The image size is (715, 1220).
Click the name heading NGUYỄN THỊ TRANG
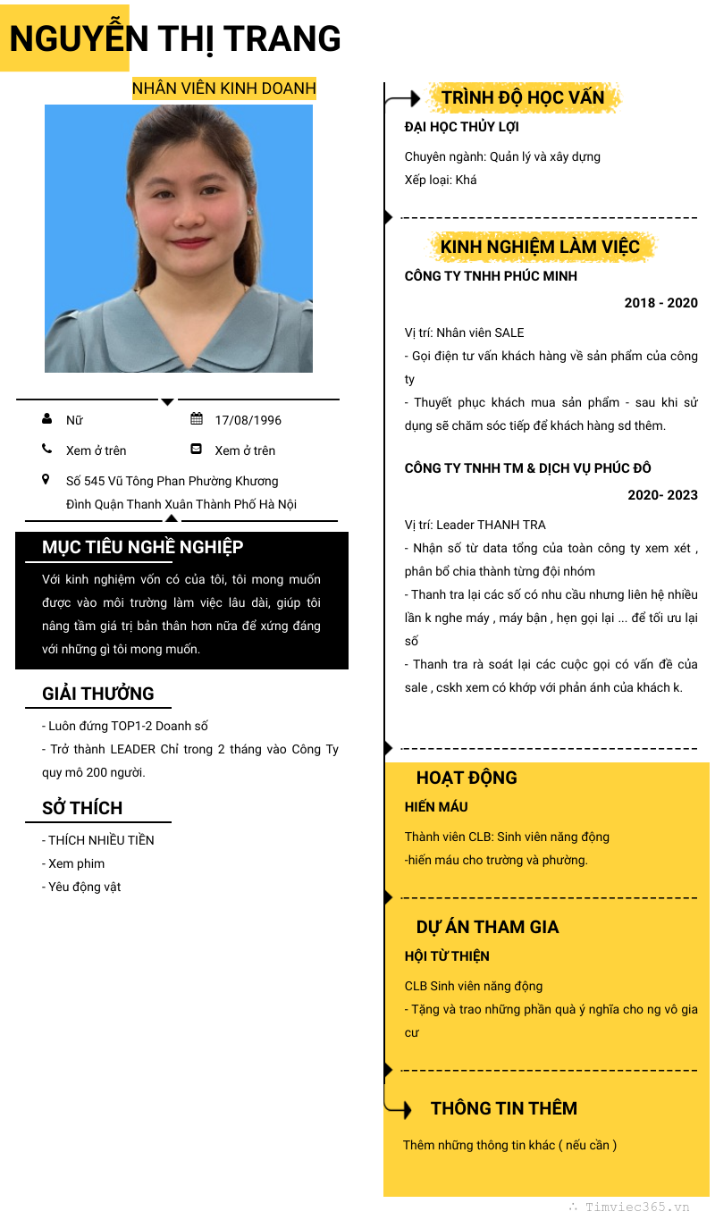[x=175, y=39]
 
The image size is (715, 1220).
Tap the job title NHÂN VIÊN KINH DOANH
[x=224, y=88]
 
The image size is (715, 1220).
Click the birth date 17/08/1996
[x=248, y=420]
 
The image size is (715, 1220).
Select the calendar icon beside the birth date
[x=197, y=419]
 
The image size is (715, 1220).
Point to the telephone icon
[x=46, y=450]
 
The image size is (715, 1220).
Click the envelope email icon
[x=197, y=450]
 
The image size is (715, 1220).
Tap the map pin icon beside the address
[x=46, y=480]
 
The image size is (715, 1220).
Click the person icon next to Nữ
[x=46, y=419]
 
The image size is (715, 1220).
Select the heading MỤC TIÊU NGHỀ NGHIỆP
[x=143, y=547]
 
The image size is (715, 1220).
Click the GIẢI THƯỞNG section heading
[x=98, y=694]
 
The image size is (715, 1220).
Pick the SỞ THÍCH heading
[x=82, y=808]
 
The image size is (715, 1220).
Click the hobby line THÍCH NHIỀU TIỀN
[x=100, y=840]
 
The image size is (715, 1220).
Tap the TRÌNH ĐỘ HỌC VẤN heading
[x=523, y=97]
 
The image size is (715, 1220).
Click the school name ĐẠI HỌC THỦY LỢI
[x=462, y=127]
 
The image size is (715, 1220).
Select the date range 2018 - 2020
[x=660, y=303]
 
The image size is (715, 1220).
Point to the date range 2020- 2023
[x=662, y=495]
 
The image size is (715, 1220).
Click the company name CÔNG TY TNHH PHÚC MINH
[x=491, y=276]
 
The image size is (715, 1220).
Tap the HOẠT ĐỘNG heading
[x=467, y=778]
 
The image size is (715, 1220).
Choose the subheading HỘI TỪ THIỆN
[x=447, y=956]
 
